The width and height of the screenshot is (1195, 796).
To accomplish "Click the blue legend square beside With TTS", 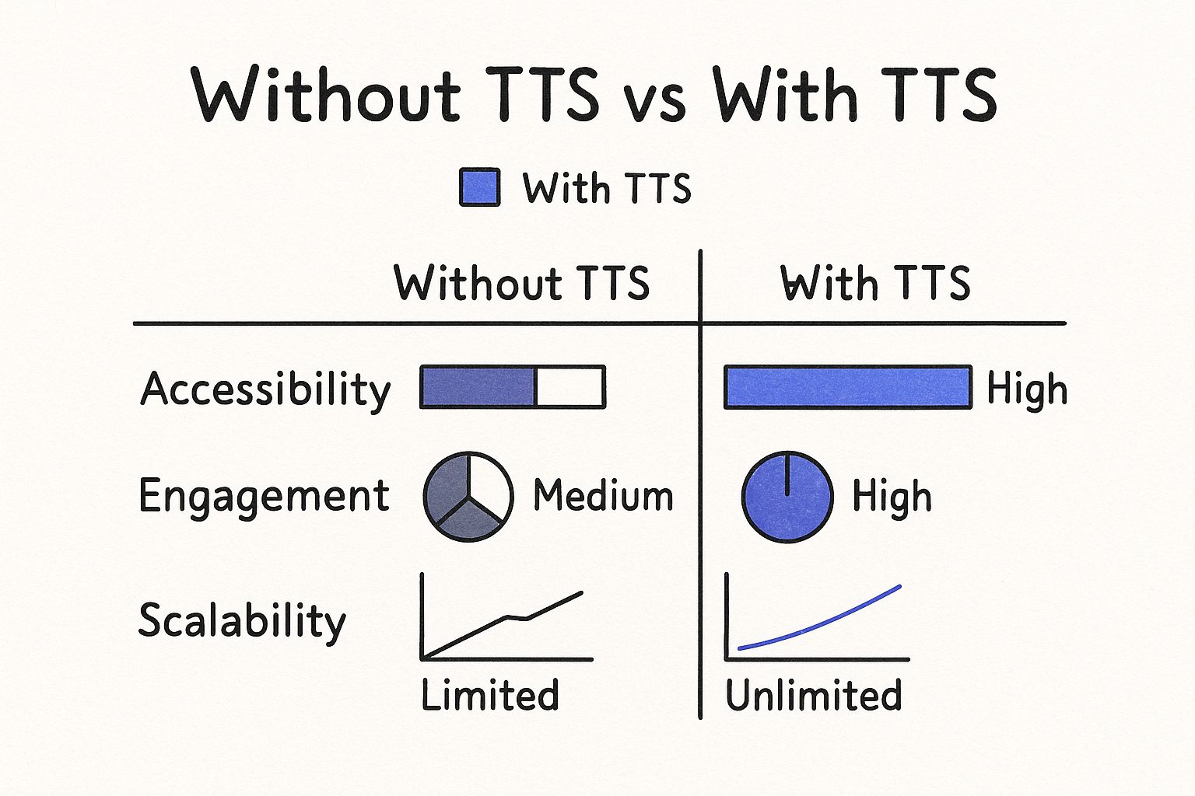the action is click(479, 187).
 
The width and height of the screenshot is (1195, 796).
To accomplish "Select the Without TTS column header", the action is click(522, 283).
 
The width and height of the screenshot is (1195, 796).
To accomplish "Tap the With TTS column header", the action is click(875, 283).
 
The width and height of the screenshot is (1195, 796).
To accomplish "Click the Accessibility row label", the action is click(265, 390).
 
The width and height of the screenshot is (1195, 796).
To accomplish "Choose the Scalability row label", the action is click(242, 621).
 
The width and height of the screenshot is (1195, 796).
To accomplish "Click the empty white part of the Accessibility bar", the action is click(569, 387).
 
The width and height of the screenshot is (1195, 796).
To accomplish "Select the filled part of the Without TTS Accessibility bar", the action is click(478, 387).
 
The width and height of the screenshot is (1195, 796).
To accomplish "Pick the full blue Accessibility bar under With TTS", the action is click(848, 387).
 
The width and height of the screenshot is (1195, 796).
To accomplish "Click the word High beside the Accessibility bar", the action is click(1027, 389).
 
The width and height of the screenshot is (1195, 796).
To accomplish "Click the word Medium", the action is click(604, 496).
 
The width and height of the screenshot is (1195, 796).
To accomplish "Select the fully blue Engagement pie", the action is click(787, 497).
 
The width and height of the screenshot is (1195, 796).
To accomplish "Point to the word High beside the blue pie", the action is click(892, 497).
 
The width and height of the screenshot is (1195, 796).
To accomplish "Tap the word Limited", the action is click(489, 695).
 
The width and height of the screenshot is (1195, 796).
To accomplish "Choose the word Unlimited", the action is click(814, 695).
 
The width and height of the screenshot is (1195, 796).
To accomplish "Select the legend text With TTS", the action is click(607, 187).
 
